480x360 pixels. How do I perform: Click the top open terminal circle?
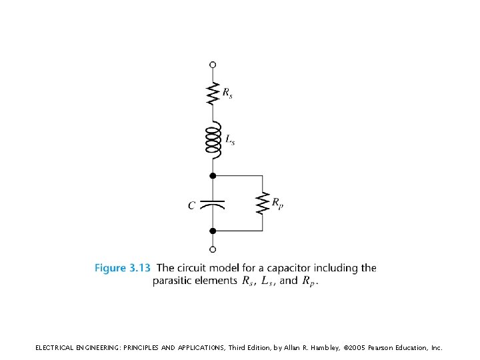click(213, 65)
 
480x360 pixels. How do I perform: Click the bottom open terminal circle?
click(213, 250)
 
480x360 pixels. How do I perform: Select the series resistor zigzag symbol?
click(213, 93)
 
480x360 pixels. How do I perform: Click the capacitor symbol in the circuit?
click(213, 203)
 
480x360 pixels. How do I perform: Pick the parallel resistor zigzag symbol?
click(262, 203)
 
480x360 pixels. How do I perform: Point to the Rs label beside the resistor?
click(227, 93)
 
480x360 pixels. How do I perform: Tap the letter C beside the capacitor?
click(191, 205)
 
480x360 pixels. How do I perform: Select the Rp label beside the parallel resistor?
click(277, 202)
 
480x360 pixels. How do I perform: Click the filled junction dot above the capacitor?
click(213, 175)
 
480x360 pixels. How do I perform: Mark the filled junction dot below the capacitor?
click(213, 231)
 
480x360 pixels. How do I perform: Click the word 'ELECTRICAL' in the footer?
click(57, 347)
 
